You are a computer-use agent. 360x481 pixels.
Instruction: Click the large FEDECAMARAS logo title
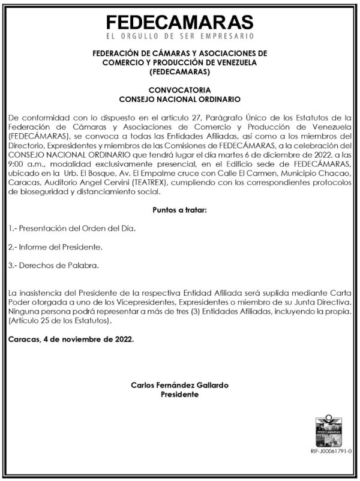[179, 23]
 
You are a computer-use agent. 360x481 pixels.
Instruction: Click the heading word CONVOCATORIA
[179, 89]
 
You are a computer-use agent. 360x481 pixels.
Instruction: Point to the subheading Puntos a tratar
[179, 212]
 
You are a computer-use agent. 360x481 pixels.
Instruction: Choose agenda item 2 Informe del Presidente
[55, 247]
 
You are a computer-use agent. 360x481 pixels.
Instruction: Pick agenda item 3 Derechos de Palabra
[54, 265]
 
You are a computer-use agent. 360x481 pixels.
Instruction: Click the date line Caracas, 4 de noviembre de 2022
[71, 339]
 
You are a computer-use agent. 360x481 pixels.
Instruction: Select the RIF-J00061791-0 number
[331, 450]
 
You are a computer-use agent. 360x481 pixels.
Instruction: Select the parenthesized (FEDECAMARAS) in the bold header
[179, 72]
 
